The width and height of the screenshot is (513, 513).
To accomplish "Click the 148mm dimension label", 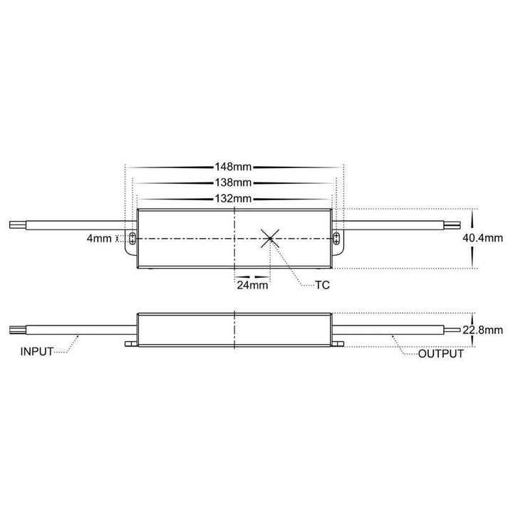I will coord(234,167).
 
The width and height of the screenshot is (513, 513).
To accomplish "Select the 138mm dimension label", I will coord(234,183).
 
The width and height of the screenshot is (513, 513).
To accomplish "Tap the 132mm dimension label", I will coord(234,199).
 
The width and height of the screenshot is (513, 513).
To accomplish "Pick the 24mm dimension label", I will coord(252,285).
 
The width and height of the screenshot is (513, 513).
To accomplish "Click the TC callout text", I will coord(323,285).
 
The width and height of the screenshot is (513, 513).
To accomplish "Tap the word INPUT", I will coord(37,352).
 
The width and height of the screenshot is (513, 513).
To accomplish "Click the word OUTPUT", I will coord(441,353).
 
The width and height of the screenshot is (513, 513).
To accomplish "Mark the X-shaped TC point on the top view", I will coord(270,238).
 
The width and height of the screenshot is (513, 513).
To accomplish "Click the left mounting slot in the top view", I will coord(132,238).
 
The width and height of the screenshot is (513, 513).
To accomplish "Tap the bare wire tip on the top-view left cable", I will coord(15,224).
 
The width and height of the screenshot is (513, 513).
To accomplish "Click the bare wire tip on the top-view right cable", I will coord(453,224).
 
